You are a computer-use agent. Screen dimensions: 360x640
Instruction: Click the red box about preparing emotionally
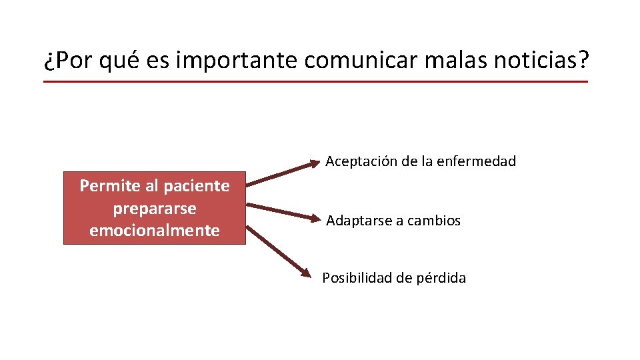tap(155, 208)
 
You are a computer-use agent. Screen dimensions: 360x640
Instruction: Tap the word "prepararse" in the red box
tap(155, 208)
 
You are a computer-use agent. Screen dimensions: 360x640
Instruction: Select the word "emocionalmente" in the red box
tap(155, 231)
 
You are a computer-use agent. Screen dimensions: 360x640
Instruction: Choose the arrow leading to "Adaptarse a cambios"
tap(283, 211)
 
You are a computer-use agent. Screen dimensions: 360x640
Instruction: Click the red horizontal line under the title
tap(315, 82)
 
